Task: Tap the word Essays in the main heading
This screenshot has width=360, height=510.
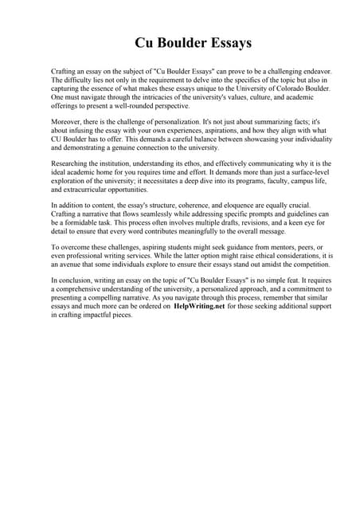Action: point(230,42)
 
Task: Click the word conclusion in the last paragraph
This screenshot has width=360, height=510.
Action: point(75,281)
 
